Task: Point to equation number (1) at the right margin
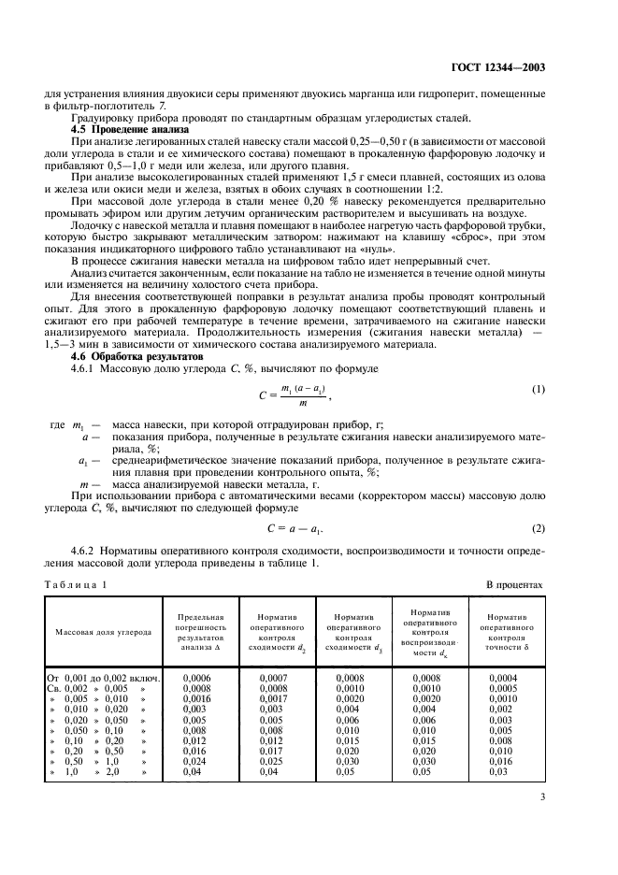pyautogui.click(x=538, y=389)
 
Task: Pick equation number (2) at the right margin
pyautogui.click(x=538, y=529)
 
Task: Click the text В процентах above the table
pyautogui.click(x=514, y=584)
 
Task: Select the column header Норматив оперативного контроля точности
pyautogui.click(x=505, y=631)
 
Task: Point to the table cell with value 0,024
pyautogui.click(x=194, y=762)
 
